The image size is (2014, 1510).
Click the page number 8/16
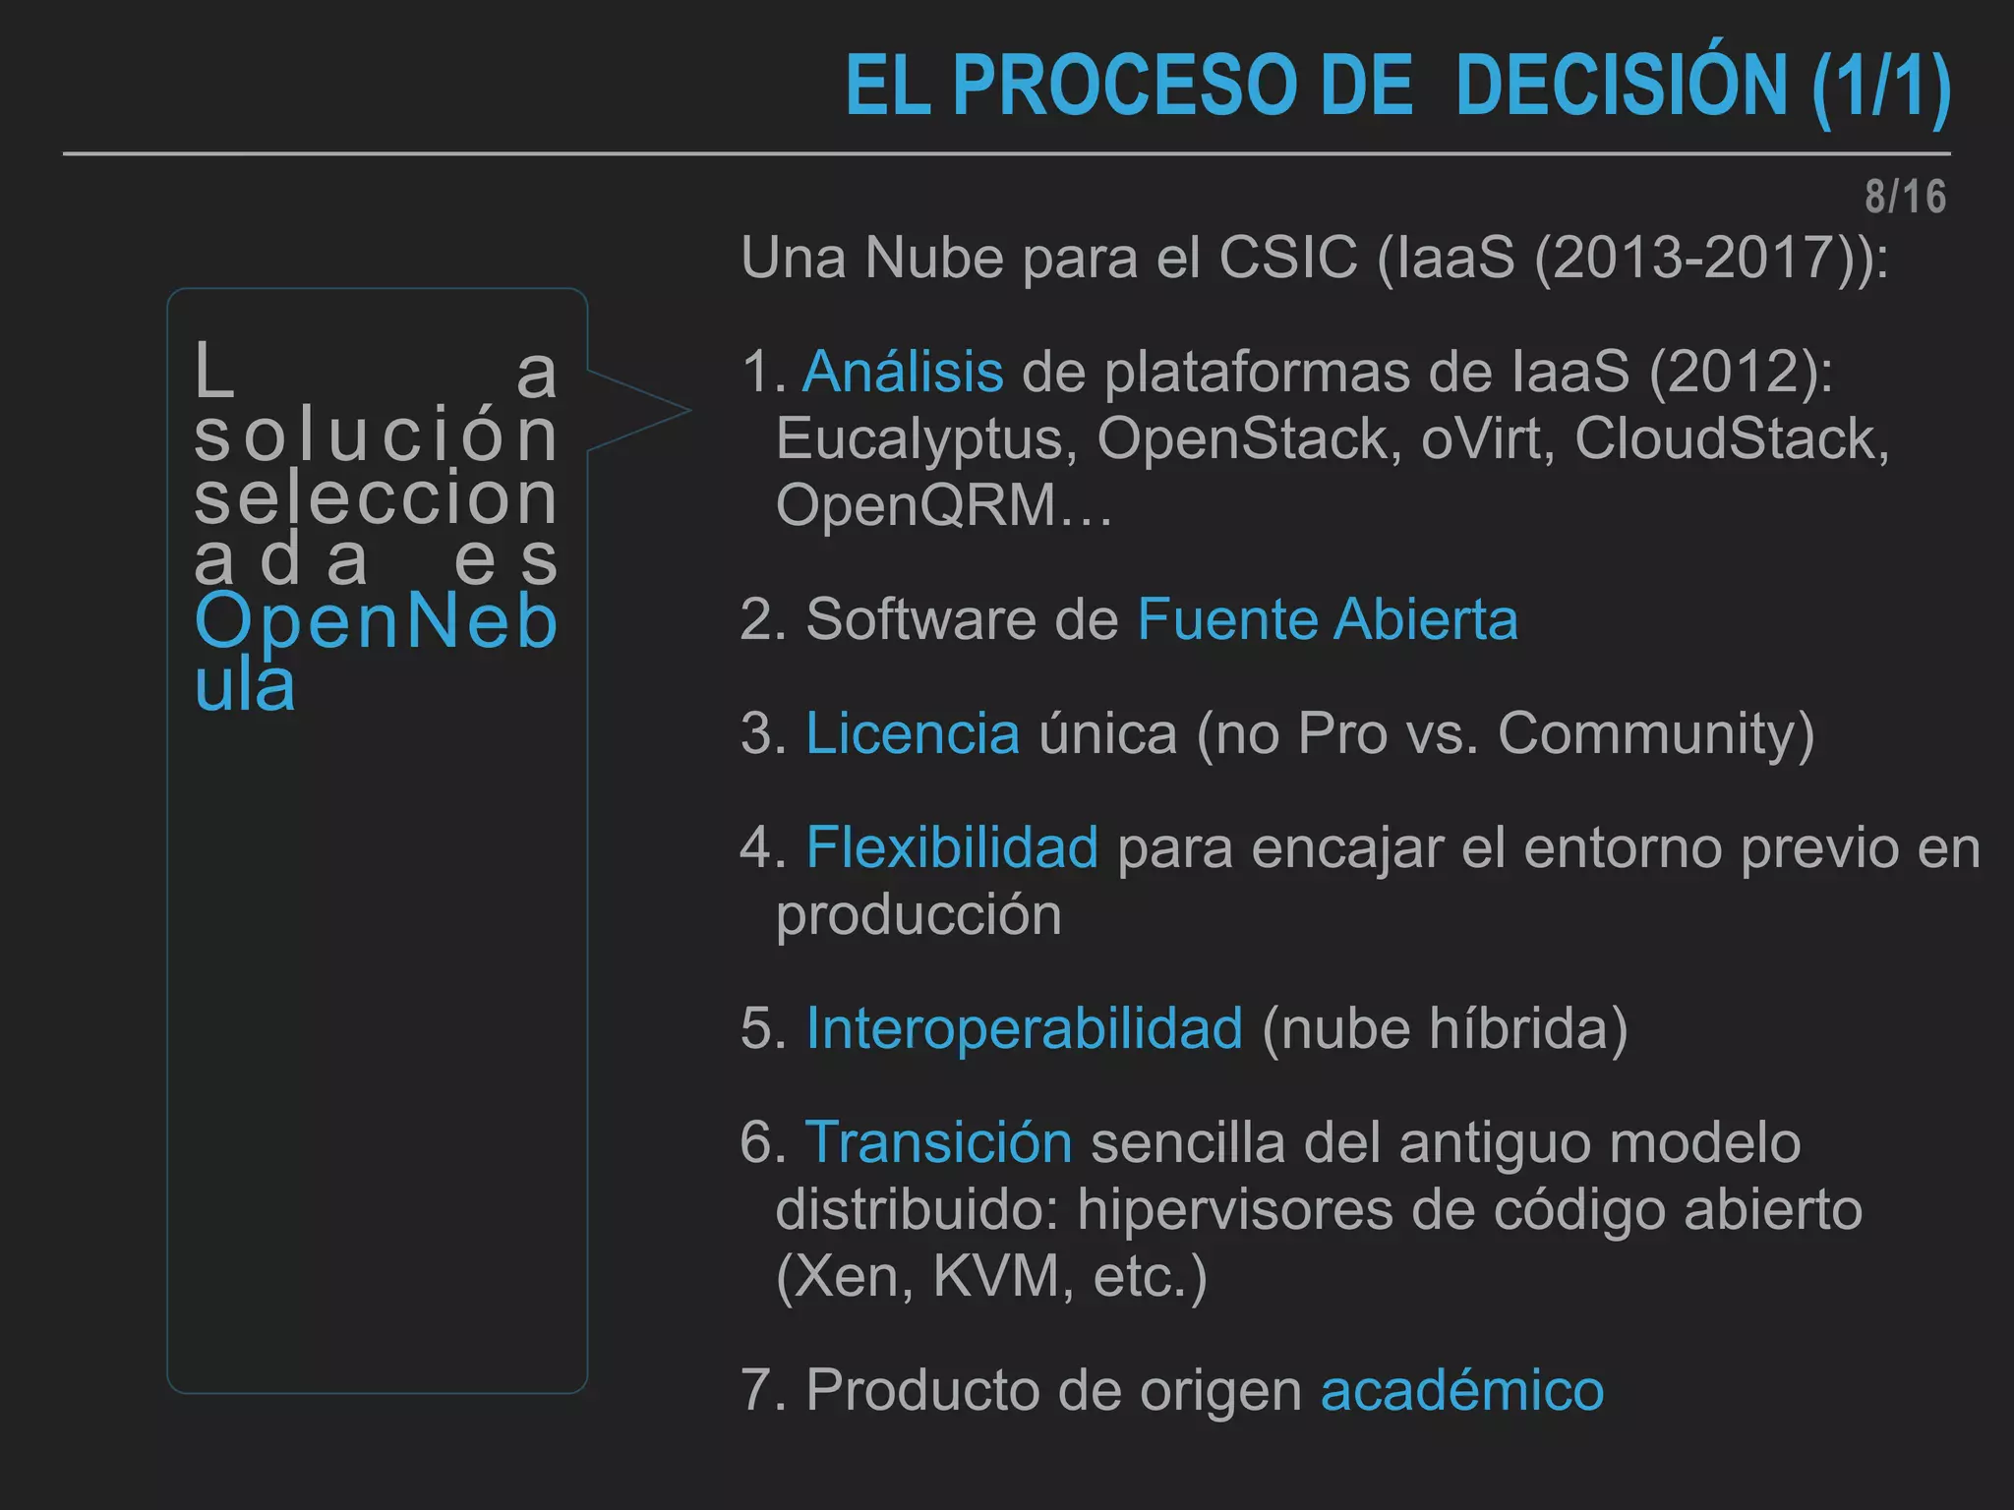(1905, 197)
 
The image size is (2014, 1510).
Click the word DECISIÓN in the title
(1621, 87)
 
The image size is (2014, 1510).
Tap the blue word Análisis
(903, 373)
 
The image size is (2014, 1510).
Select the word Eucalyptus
(926, 438)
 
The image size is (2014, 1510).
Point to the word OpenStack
(1249, 438)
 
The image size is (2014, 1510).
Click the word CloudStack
(1730, 438)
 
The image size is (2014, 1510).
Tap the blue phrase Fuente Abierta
(1328, 619)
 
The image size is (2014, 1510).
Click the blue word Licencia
(913, 733)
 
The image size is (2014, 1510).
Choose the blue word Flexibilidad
(952, 847)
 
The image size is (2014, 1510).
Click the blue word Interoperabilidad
(1024, 1028)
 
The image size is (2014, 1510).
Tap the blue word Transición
(938, 1142)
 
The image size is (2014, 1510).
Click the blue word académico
(1461, 1390)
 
